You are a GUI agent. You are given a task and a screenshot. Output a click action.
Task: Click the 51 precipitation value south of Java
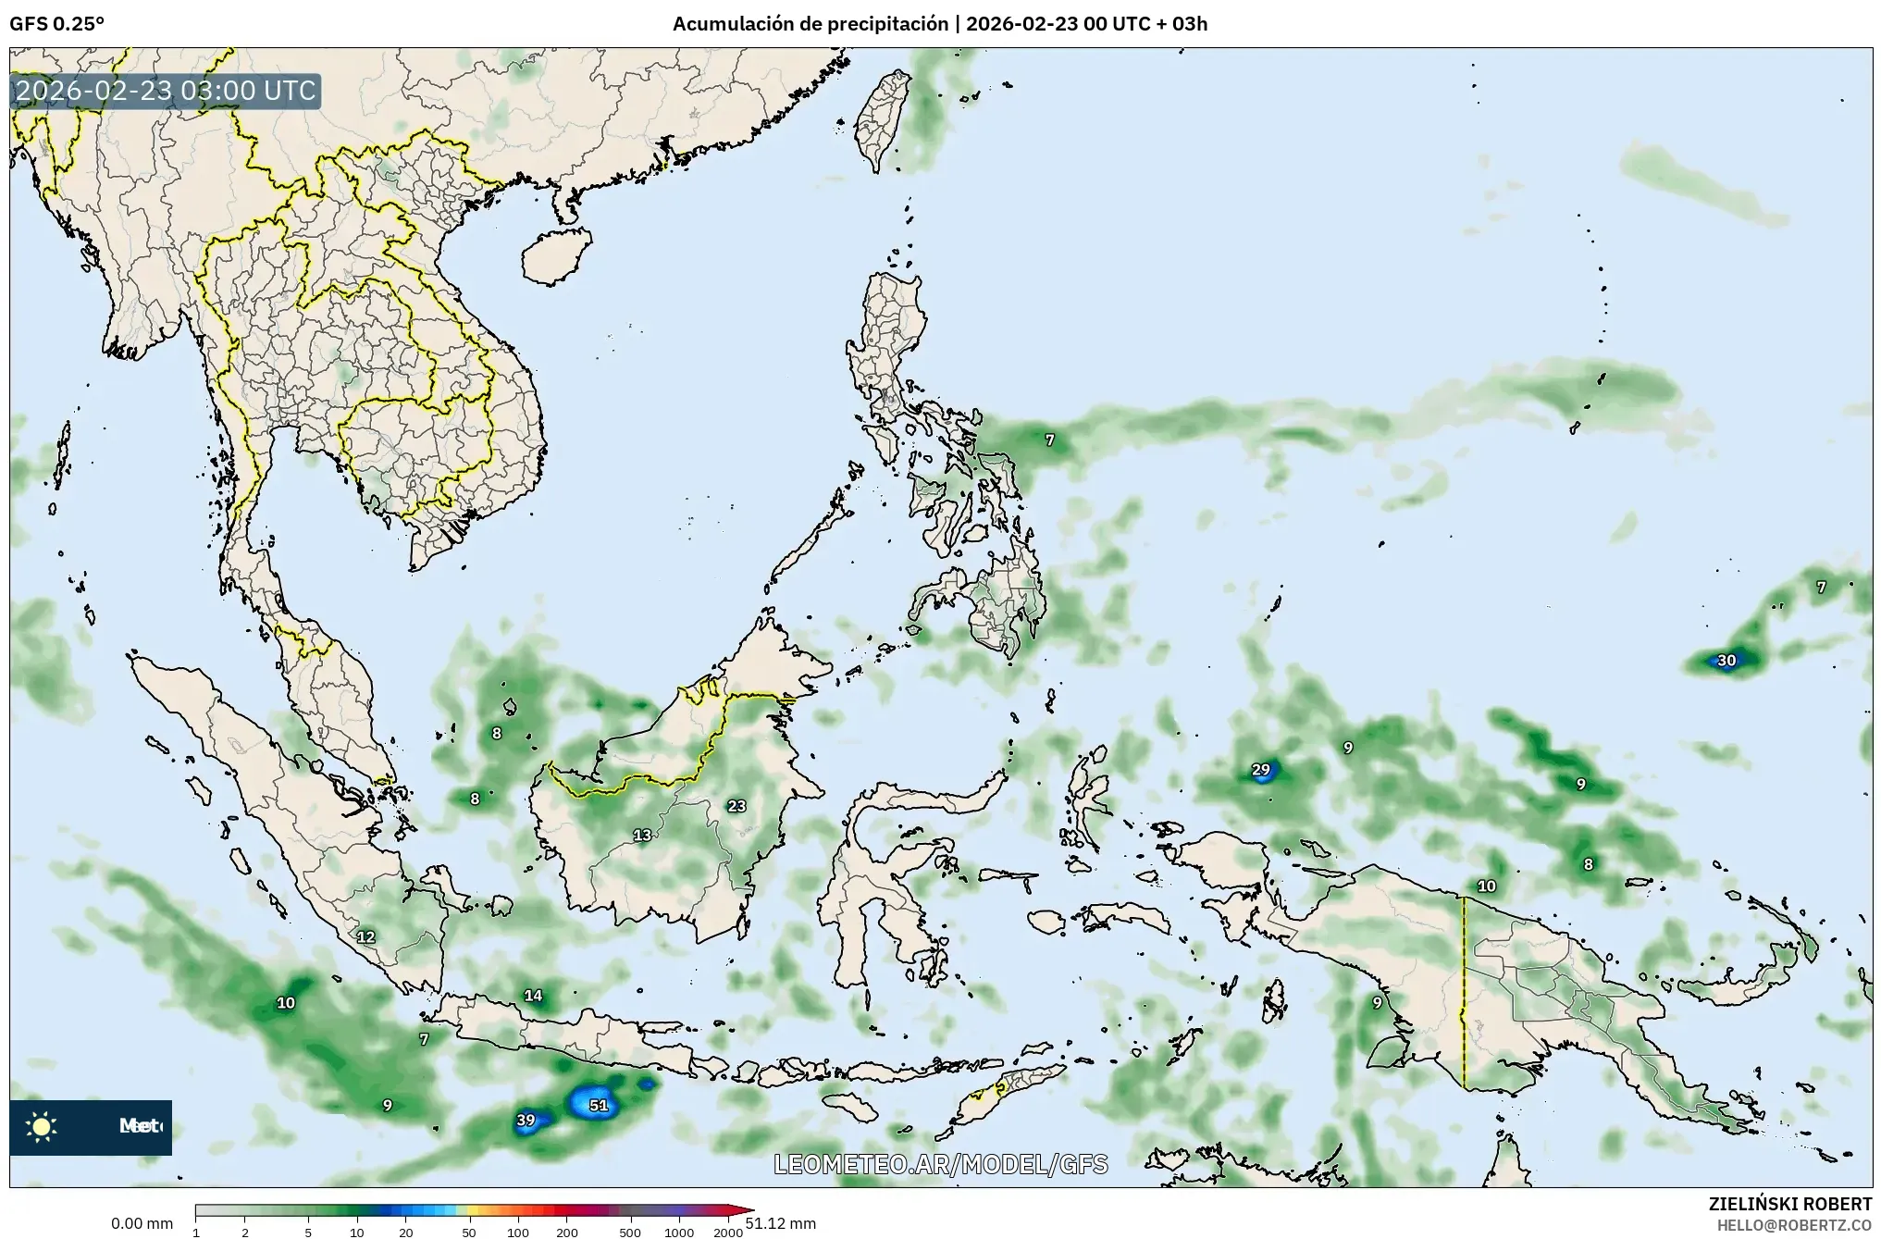(x=599, y=1105)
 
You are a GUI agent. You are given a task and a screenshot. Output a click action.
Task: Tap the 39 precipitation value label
(x=526, y=1120)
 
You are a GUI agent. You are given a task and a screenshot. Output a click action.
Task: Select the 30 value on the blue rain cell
(x=1726, y=661)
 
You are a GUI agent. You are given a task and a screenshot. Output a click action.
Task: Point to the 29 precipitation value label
(x=1260, y=770)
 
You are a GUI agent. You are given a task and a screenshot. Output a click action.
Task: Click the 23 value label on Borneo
(x=736, y=806)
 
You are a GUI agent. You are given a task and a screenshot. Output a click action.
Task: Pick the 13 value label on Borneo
(x=642, y=836)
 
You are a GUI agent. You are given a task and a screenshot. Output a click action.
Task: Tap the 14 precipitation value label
(x=533, y=996)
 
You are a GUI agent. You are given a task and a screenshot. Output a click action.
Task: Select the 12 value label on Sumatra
(x=365, y=936)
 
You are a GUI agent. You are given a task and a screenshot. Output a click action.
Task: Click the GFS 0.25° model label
(x=56, y=24)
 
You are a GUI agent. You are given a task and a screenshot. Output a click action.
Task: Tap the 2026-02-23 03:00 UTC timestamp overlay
(x=166, y=91)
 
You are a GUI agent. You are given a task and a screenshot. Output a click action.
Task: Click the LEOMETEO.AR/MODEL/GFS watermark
(x=940, y=1164)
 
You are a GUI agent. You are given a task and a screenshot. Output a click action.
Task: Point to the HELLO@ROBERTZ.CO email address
(x=1794, y=1224)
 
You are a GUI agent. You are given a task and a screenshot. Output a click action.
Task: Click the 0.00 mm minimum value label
(x=142, y=1223)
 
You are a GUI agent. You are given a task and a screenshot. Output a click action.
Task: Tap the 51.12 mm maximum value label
(x=781, y=1223)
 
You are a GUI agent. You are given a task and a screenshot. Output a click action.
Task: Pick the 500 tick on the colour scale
(x=630, y=1233)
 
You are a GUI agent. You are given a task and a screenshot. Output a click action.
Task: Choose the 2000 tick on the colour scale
(x=728, y=1233)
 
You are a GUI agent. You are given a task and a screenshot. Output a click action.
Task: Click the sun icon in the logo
(x=42, y=1126)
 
